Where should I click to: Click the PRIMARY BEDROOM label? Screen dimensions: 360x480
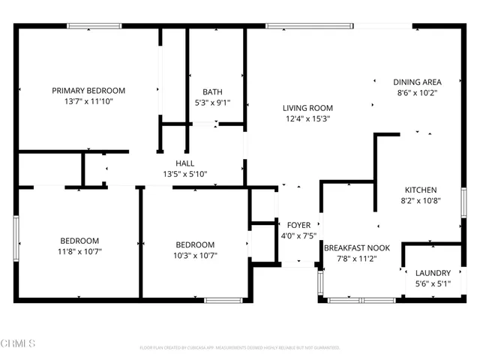tap(88, 91)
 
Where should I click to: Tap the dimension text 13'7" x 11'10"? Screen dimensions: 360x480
tap(88, 102)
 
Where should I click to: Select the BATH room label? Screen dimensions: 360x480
tap(212, 92)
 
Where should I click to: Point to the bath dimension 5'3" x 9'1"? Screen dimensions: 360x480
tap(212, 103)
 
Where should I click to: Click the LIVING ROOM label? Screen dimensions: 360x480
tap(307, 107)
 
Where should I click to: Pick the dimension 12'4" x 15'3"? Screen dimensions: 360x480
tap(307, 118)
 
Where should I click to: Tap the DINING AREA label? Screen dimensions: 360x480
tap(417, 82)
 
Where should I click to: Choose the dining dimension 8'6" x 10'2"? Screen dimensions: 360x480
tap(417, 93)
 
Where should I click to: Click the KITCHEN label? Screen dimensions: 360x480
tap(421, 190)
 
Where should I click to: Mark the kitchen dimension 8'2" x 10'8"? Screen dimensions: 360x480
tap(421, 201)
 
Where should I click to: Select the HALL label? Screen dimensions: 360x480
tap(185, 163)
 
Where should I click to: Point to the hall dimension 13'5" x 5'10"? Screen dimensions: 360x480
tap(185, 174)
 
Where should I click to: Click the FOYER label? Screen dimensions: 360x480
tap(299, 225)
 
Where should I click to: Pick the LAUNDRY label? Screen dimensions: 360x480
tap(433, 273)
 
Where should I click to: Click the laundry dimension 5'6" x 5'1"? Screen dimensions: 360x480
tap(433, 284)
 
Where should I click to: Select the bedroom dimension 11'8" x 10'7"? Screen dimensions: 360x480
tap(79, 252)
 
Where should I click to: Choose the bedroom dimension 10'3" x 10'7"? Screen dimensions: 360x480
tap(195, 256)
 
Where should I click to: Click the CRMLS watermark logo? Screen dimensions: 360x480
tap(19, 343)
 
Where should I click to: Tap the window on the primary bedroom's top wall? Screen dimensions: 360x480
tap(94, 27)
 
